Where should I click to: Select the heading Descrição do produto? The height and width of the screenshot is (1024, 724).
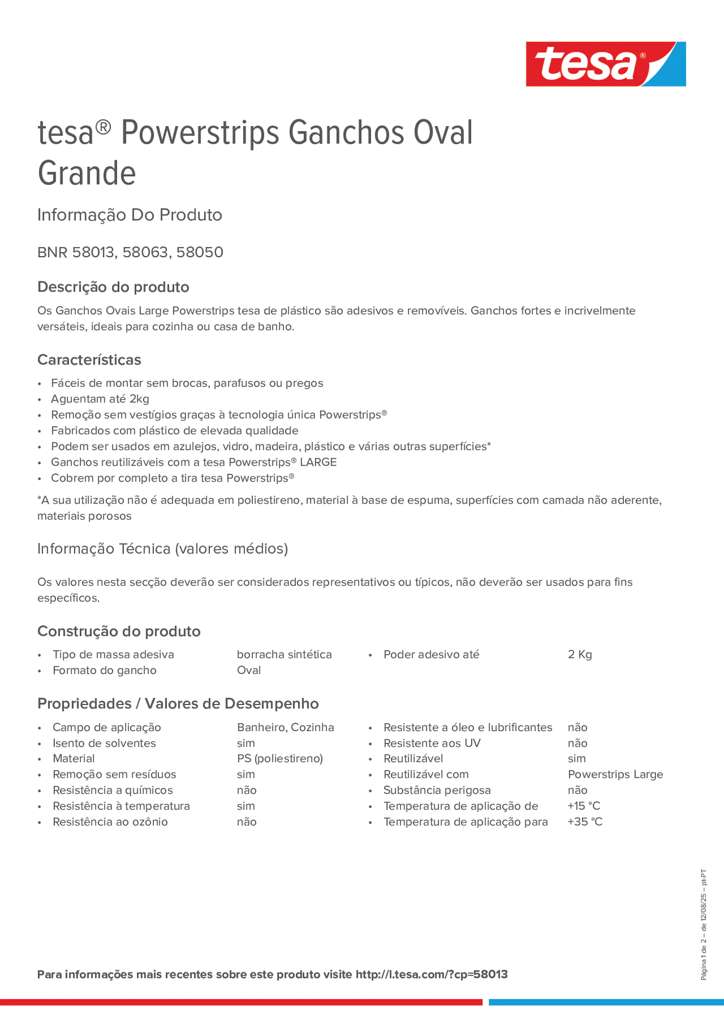(113, 287)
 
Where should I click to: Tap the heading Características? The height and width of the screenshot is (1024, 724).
(89, 360)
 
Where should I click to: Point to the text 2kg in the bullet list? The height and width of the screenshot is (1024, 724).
(139, 399)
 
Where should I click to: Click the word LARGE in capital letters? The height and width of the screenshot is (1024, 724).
(318, 462)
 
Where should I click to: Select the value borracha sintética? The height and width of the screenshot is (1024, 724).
(284, 654)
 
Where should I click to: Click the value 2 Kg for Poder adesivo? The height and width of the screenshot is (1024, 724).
(579, 654)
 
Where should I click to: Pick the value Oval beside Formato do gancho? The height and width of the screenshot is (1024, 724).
(249, 670)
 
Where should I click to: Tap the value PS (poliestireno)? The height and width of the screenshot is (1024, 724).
(280, 758)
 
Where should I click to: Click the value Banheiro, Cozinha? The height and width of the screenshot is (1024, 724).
(285, 727)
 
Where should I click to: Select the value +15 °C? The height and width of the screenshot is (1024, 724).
(584, 805)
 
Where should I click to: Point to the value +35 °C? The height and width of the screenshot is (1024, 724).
(584, 822)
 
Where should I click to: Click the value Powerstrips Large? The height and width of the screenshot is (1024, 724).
(615, 774)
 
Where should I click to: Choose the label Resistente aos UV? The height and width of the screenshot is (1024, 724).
(432, 743)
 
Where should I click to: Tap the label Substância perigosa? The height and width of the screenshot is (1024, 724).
(437, 790)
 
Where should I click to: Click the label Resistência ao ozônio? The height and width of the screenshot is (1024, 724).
(110, 822)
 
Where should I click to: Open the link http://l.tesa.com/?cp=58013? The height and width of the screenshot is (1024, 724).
(431, 974)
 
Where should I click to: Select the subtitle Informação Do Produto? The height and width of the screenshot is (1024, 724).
(129, 215)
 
